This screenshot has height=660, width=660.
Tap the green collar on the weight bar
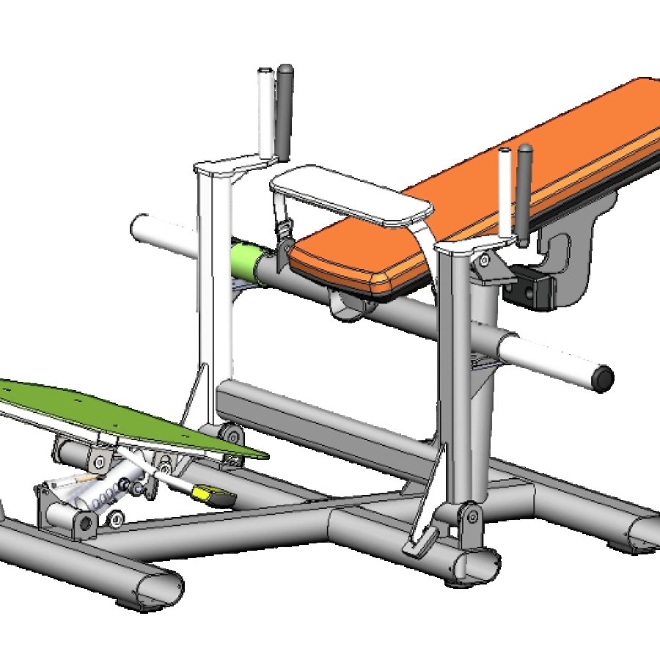click(x=249, y=261)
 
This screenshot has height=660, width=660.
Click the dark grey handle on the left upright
click(x=285, y=110)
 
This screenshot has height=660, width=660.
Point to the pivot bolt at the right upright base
click(x=472, y=518)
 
